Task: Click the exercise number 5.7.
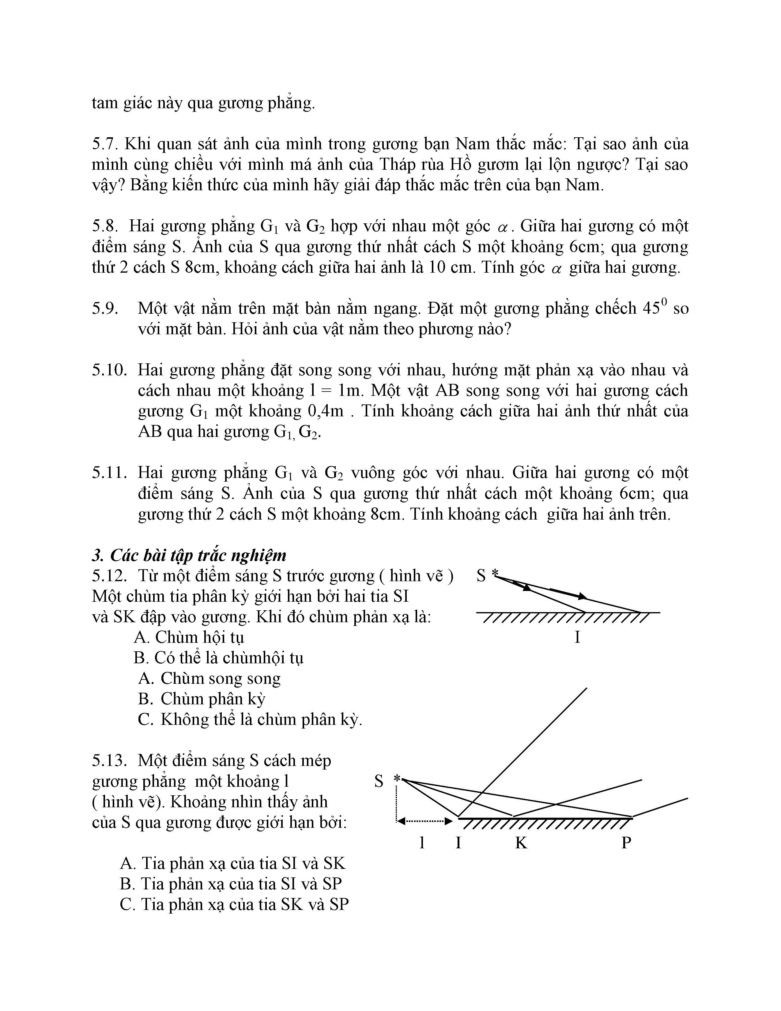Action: coord(105,144)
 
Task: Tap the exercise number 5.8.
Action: coord(105,226)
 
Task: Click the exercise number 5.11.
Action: coord(109,473)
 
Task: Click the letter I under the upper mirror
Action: coord(577,638)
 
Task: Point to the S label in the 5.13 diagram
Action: coord(379,782)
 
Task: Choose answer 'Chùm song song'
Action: coord(209,679)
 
